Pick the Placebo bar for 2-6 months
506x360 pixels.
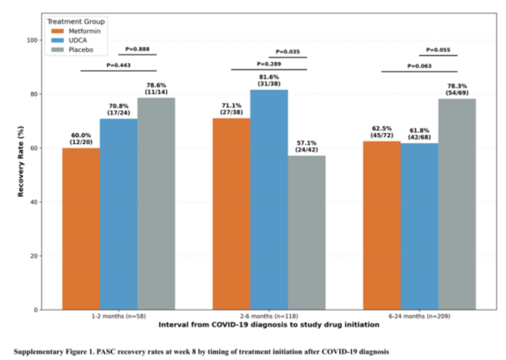[306, 232]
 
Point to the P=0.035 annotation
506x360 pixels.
[288, 51]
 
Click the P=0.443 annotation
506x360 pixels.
[119, 65]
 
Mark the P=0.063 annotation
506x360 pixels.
[420, 66]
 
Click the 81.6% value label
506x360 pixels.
[269, 76]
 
